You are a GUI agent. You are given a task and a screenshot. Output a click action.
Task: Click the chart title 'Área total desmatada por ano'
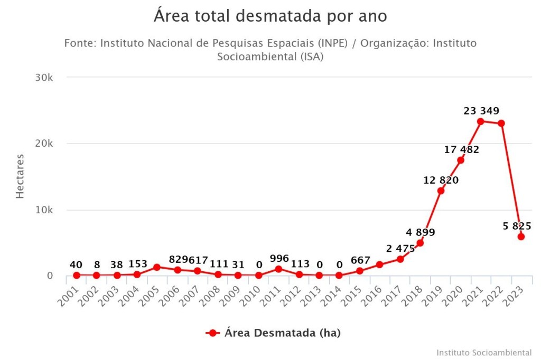(270, 16)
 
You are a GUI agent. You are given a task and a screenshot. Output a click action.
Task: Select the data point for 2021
(481, 121)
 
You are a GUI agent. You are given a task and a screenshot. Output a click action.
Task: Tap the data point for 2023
(521, 236)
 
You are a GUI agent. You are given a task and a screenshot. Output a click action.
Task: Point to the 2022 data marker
(501, 123)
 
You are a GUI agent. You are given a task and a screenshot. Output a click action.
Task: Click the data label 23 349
(481, 111)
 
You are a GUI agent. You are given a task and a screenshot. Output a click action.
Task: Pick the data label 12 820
(441, 180)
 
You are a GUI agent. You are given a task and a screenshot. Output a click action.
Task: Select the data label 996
(279, 259)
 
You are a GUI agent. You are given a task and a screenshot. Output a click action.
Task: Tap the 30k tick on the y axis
(44, 78)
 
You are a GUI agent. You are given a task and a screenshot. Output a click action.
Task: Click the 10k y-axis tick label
(44, 210)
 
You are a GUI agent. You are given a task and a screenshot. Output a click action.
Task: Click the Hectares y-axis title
(20, 176)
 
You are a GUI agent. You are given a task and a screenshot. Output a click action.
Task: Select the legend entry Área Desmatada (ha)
(273, 333)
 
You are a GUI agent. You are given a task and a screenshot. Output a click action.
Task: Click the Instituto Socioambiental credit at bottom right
(484, 352)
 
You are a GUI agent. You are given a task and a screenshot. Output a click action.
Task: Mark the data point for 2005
(157, 267)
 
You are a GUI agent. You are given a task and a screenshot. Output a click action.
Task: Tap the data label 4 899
(421, 232)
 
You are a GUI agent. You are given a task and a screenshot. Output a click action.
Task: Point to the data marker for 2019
(441, 191)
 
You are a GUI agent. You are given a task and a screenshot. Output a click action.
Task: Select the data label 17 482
(461, 149)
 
